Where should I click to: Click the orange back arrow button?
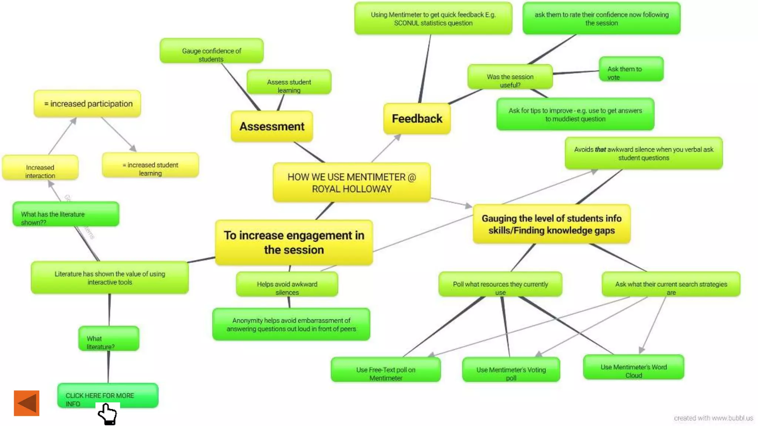27,403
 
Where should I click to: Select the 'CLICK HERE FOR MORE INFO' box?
108,395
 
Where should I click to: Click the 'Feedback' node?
417,119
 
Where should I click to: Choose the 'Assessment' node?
272,126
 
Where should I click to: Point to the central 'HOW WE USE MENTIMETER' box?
352,183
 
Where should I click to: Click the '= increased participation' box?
88,104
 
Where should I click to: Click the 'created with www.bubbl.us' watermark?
713,418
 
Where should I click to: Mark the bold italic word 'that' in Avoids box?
600,150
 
